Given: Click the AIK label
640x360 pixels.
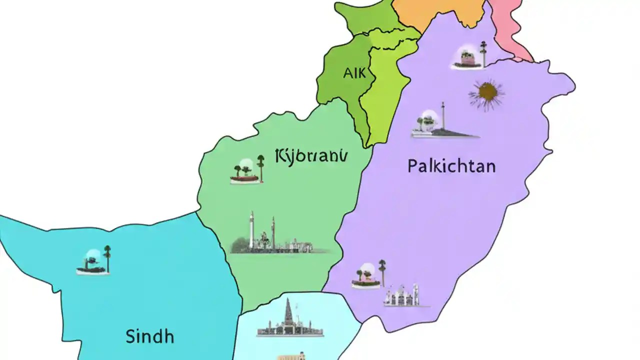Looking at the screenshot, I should (x=354, y=73).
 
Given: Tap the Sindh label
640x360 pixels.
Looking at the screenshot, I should (x=149, y=336).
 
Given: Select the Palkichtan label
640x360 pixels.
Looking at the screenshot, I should (x=451, y=165).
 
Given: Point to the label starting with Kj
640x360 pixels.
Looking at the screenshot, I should (x=310, y=155).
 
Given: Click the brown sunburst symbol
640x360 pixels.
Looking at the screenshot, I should (x=486, y=93).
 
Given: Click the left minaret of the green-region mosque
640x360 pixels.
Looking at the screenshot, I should (x=251, y=229).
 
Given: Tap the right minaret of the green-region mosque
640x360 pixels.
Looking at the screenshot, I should (x=273, y=232).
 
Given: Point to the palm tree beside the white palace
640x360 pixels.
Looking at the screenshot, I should (x=382, y=270).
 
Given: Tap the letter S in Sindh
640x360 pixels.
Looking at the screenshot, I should (x=129, y=336).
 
